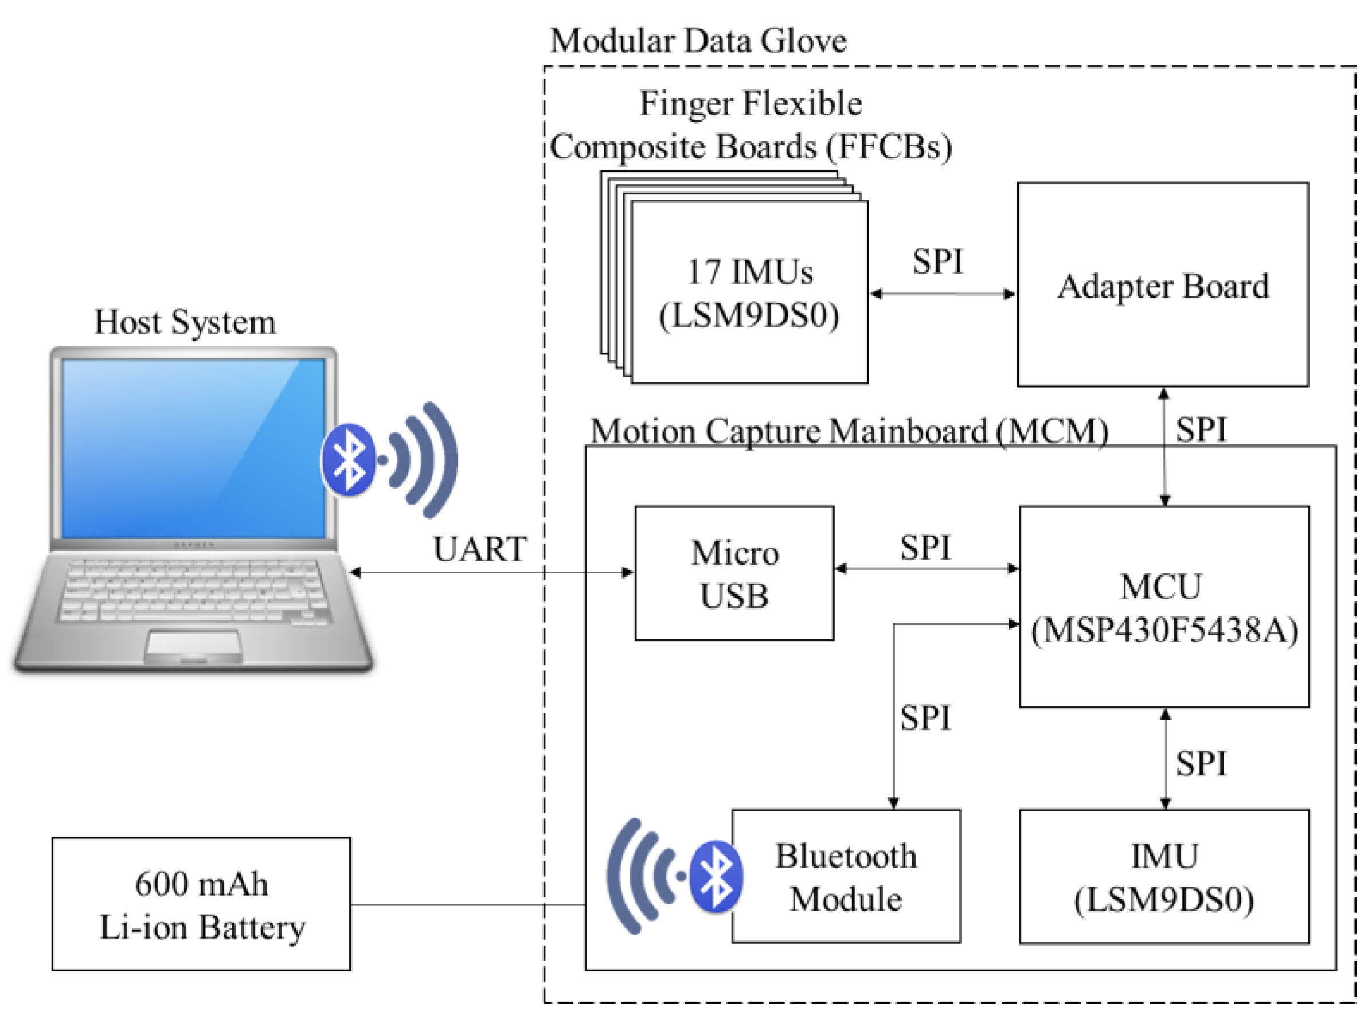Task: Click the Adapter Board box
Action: coord(1163,284)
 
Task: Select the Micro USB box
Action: coord(734,573)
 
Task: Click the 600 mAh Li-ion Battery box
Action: coord(201,904)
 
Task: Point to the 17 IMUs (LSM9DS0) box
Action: coord(750,292)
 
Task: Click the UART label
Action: coord(480,549)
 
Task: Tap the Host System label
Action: coord(185,322)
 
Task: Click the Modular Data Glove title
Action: coord(698,41)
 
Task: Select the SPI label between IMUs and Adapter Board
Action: coord(937,261)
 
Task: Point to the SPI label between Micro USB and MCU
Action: coord(925,547)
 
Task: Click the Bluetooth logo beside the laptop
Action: coord(350,459)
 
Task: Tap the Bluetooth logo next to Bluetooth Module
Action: coord(716,876)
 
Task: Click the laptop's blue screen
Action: coord(193,448)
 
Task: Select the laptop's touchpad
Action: coord(193,645)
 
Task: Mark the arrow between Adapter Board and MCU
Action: coord(1164,447)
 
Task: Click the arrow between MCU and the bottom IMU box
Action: coord(1165,759)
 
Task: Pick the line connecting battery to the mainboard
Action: coord(468,905)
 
